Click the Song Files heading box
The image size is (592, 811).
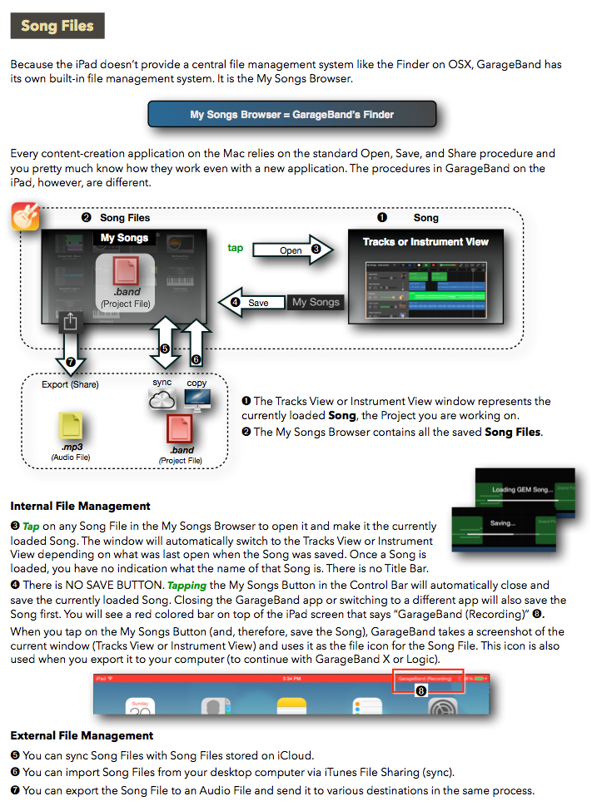[57, 26]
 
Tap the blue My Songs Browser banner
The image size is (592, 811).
[291, 114]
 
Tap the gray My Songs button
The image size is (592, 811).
[316, 302]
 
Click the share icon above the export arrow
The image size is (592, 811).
[71, 321]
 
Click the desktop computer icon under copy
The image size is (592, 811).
[197, 400]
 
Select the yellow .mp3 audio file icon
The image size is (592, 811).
[70, 427]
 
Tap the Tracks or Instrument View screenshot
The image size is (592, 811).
[425, 274]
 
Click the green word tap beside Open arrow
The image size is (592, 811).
[236, 248]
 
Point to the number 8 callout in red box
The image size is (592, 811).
[420, 690]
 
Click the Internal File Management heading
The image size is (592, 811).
[81, 506]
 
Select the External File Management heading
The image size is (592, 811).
[82, 735]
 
